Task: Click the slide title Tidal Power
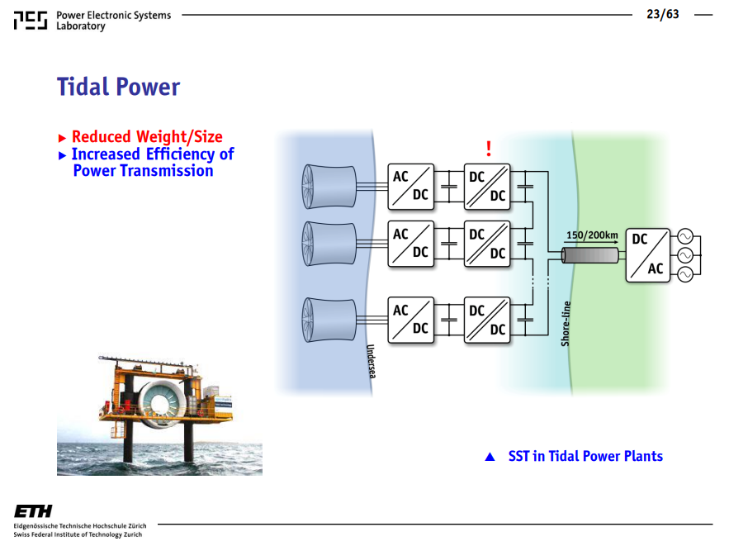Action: tap(118, 87)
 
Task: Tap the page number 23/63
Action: tap(662, 14)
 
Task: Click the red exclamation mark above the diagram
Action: tap(488, 149)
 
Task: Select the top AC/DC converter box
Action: tap(411, 187)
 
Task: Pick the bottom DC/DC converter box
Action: tap(487, 320)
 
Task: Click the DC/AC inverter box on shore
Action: tap(648, 255)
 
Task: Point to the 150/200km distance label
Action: tap(592, 235)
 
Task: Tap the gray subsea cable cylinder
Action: tap(590, 255)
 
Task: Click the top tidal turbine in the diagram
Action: tap(329, 187)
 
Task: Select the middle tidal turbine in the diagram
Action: tap(329, 243)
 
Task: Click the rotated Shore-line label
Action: tap(566, 324)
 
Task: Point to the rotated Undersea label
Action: tap(371, 361)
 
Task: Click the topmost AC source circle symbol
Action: tap(685, 236)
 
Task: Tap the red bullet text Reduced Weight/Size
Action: tap(147, 137)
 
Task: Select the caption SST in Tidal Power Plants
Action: tap(585, 456)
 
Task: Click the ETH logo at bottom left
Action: tap(33, 511)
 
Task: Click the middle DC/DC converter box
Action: tap(487, 244)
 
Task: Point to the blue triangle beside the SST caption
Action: tap(490, 457)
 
